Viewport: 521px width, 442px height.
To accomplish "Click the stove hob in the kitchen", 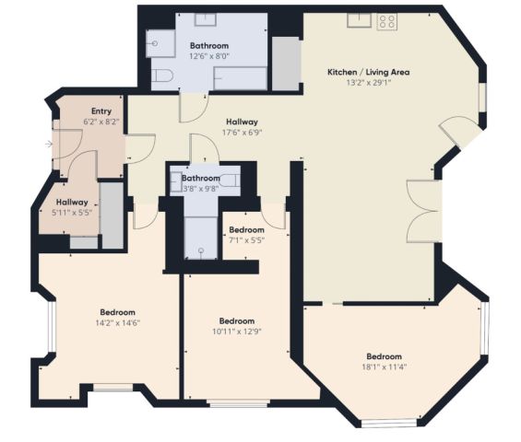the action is pos(386,22).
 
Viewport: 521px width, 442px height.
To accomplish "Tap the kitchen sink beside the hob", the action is pos(360,20).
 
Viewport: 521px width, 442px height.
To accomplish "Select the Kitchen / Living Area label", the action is pos(369,72).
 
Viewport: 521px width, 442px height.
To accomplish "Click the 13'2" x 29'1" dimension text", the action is pos(369,83).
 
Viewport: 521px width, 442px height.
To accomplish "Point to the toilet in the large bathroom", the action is pos(161,76).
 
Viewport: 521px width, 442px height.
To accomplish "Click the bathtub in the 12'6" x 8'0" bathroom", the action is pos(241,78).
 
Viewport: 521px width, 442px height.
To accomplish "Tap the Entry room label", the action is pos(101,111).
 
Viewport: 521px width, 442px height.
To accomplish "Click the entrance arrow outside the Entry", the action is pos(49,144).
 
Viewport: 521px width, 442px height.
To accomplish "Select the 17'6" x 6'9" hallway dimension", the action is pos(243,133).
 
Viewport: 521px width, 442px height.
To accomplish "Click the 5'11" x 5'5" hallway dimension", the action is pos(72,213).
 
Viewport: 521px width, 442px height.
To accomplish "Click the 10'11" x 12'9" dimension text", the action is pos(237,331).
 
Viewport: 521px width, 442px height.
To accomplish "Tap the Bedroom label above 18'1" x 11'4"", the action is pos(385,356).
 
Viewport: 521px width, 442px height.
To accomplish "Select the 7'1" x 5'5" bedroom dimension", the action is pos(246,240).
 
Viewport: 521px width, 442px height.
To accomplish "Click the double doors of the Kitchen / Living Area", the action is pos(424,211).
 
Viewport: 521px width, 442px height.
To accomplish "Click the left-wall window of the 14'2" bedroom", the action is pos(52,327).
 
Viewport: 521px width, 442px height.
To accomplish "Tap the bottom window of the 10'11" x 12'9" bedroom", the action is pos(238,403).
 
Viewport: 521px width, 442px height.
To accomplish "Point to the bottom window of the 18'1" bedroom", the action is pos(389,424).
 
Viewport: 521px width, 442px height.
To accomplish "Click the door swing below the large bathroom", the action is pos(194,108).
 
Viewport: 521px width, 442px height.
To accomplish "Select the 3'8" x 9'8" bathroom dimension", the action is pos(201,189).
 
